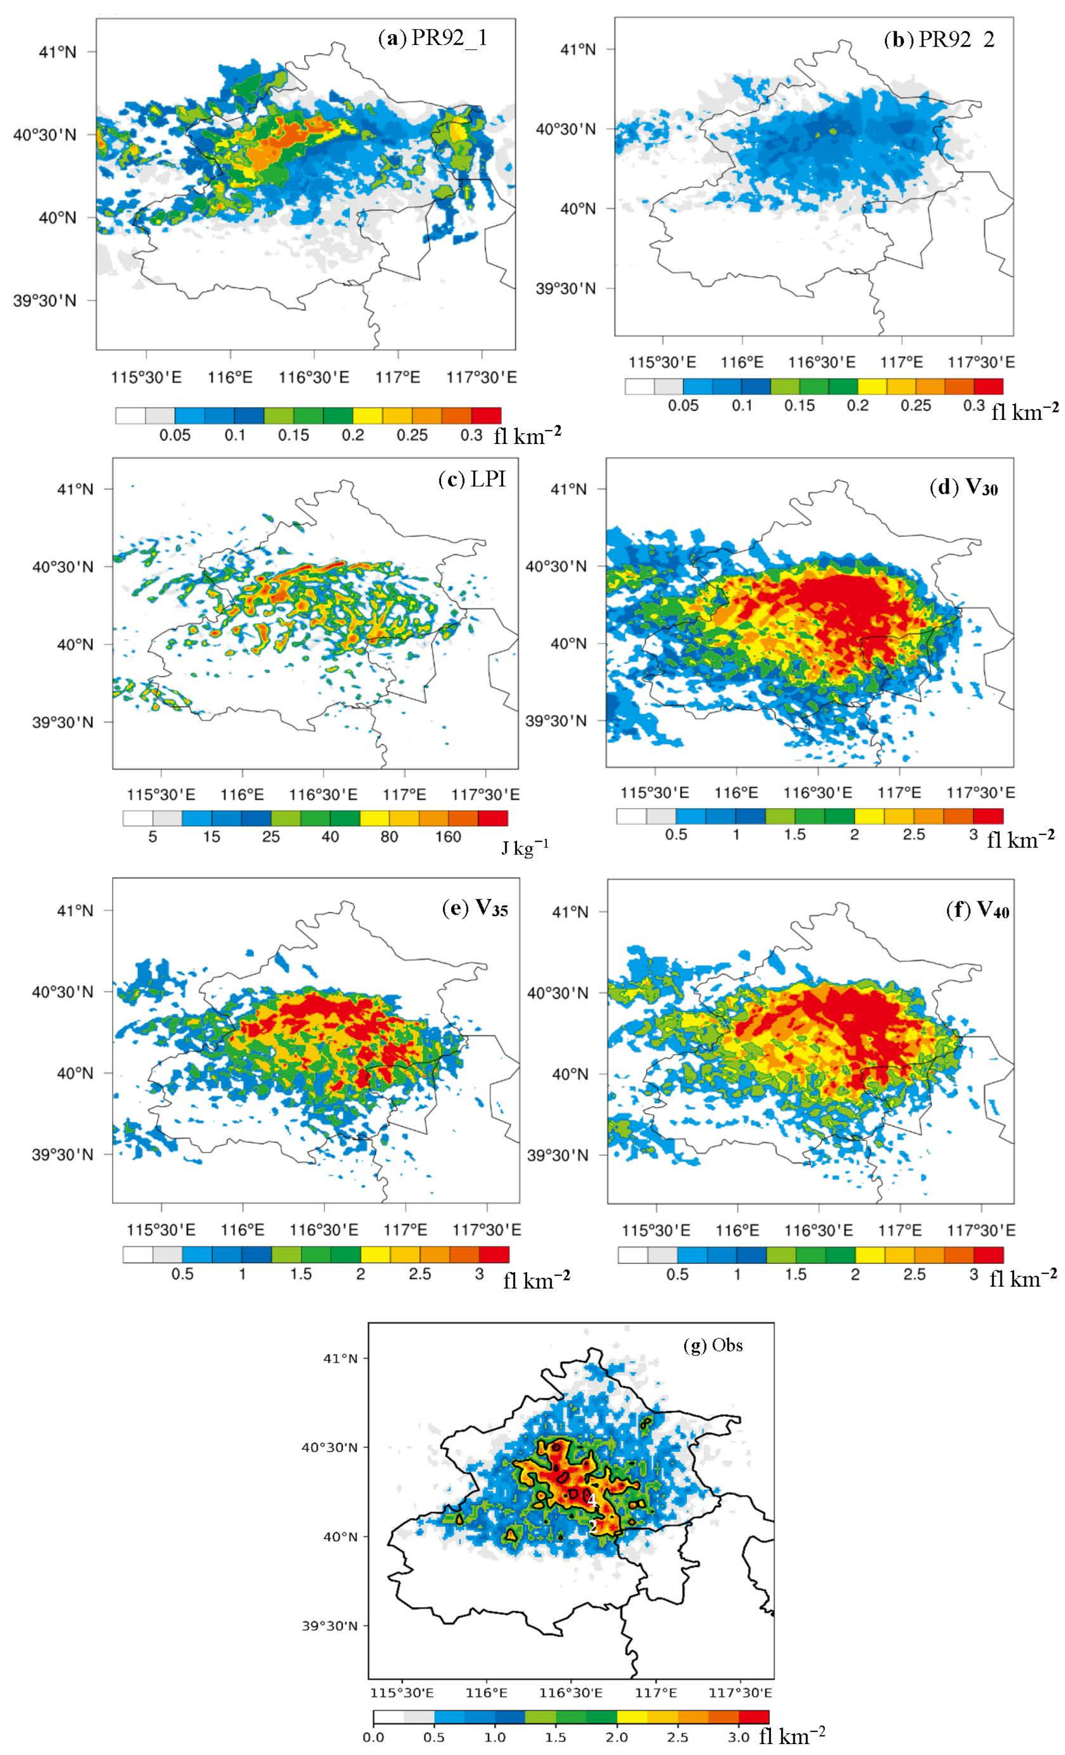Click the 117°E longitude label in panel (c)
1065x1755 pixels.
[x=405, y=793]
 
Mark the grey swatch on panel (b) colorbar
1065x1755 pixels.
[x=668, y=386]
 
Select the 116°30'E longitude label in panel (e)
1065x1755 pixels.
[x=324, y=1230]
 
